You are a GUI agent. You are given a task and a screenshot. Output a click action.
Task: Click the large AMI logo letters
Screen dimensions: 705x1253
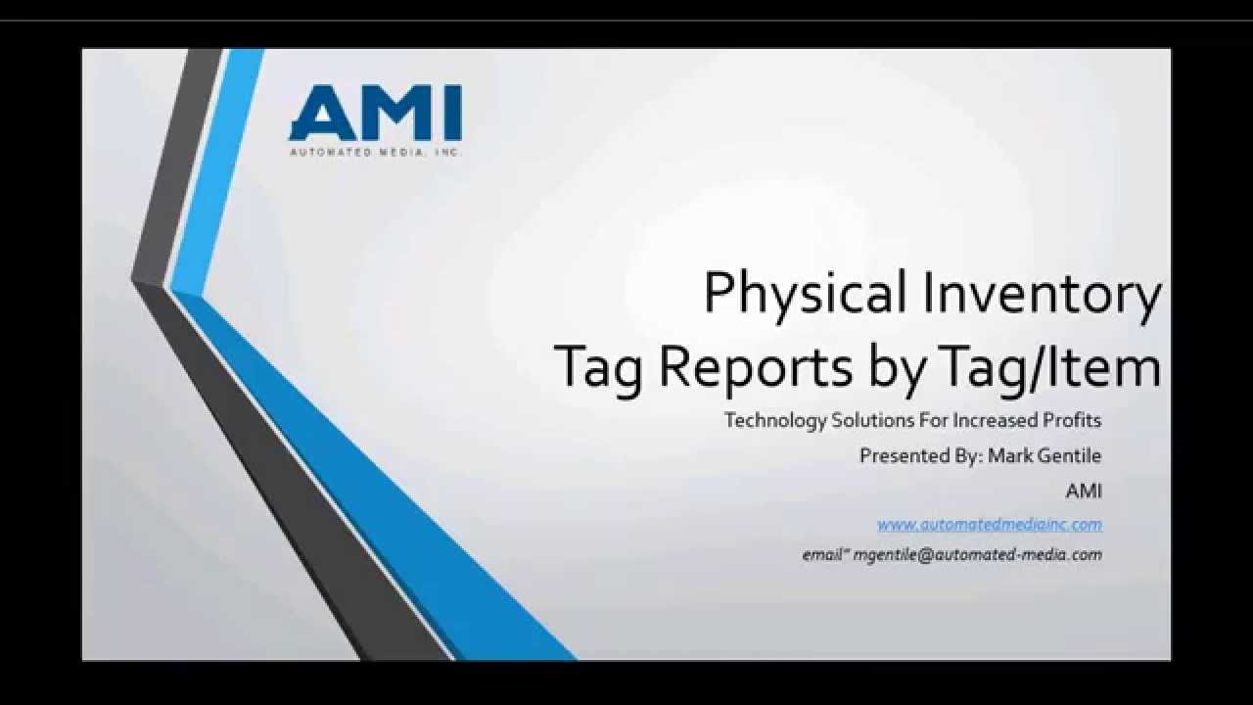(375, 114)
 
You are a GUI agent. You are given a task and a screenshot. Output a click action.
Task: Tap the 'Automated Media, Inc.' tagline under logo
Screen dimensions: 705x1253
(375, 152)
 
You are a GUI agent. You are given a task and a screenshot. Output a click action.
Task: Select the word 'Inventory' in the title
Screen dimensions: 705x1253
(1042, 293)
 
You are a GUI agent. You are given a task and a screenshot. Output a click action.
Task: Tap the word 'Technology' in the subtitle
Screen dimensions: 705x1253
(774, 420)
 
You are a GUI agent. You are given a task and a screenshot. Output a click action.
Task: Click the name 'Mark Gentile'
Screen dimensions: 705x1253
(1044, 455)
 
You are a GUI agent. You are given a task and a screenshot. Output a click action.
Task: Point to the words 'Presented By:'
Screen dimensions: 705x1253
(920, 455)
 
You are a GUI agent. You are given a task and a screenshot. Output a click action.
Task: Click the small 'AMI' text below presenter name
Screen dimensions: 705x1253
(1083, 491)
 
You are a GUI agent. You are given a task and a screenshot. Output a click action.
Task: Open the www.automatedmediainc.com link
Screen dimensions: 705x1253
(989, 525)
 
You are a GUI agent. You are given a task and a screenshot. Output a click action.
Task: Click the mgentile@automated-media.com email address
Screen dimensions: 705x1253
(977, 554)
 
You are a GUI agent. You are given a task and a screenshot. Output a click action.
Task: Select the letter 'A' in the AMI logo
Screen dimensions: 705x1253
(316, 114)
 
